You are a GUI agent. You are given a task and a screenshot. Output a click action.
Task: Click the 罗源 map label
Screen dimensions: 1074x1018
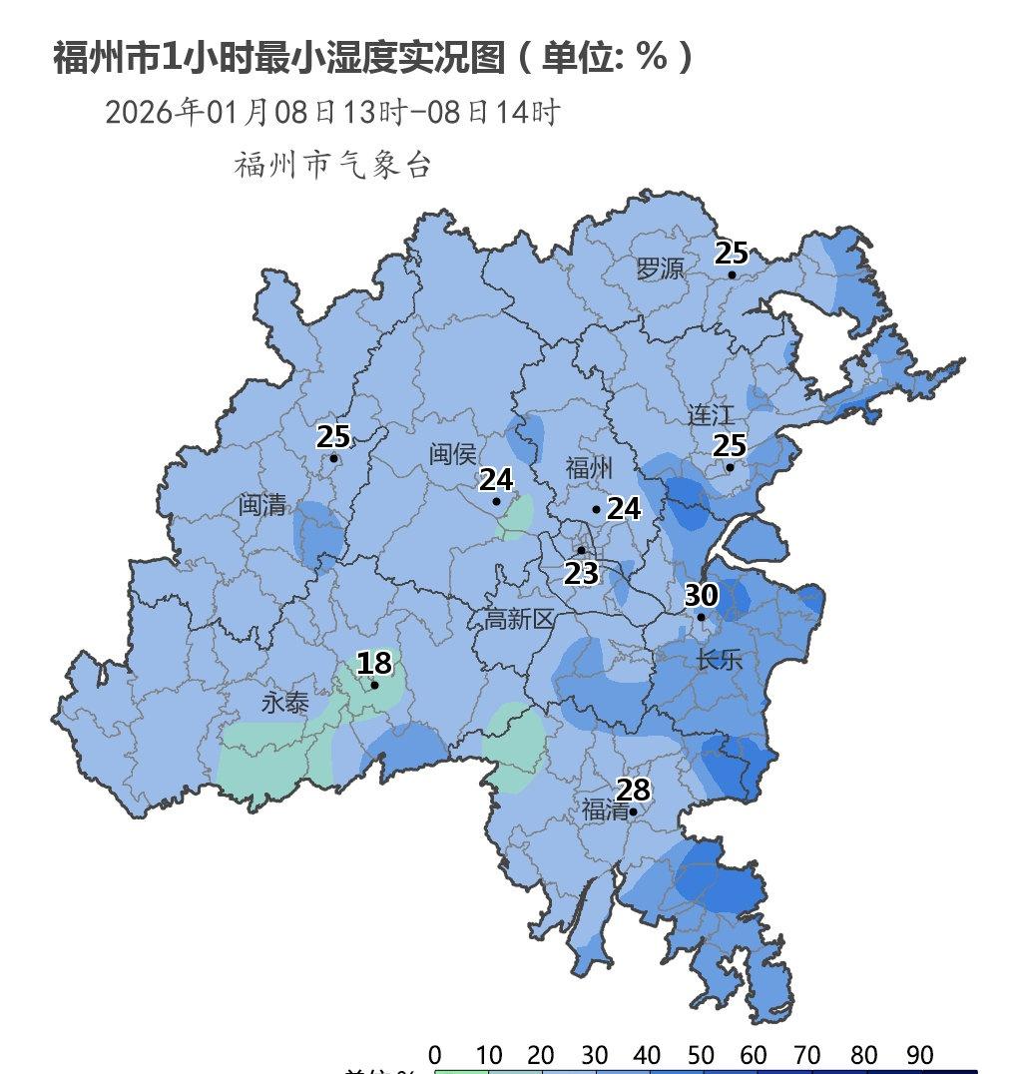[661, 268]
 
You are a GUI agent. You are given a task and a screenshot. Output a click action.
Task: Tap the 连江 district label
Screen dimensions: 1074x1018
[711, 414]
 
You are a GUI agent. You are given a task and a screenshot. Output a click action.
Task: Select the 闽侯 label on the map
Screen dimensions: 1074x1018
[453, 454]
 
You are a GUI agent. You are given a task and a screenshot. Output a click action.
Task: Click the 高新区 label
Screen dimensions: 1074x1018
[519, 620]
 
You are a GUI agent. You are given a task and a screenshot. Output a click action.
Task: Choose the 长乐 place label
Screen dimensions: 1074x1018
[720, 659]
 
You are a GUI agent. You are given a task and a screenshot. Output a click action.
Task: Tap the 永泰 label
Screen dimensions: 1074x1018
[285, 703]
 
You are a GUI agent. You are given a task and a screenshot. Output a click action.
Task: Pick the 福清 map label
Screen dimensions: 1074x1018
[606, 809]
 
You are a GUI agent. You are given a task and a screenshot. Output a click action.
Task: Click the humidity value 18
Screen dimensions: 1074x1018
[374, 663]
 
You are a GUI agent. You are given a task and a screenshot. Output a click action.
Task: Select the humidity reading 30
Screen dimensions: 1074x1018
[701, 595]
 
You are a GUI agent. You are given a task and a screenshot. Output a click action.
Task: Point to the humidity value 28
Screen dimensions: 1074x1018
[633, 790]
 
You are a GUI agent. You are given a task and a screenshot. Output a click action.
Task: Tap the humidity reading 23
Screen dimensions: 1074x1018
[581, 574]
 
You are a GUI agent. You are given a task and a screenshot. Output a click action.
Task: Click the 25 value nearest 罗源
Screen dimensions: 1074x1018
[732, 253]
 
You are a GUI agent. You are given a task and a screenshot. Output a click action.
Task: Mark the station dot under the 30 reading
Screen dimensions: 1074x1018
[701, 617]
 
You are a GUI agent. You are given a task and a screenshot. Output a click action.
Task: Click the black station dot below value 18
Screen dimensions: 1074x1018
[374, 685]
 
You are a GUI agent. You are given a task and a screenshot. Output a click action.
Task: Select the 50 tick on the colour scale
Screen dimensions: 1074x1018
[701, 1055]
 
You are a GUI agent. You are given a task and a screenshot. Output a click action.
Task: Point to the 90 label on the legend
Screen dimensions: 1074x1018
[919, 1055]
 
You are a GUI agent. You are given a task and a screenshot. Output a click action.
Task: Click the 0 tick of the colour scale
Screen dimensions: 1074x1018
[435, 1055]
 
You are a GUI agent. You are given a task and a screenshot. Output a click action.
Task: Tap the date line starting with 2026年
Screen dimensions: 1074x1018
[331, 112]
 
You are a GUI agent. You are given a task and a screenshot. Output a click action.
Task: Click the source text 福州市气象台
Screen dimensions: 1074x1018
[332, 165]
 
